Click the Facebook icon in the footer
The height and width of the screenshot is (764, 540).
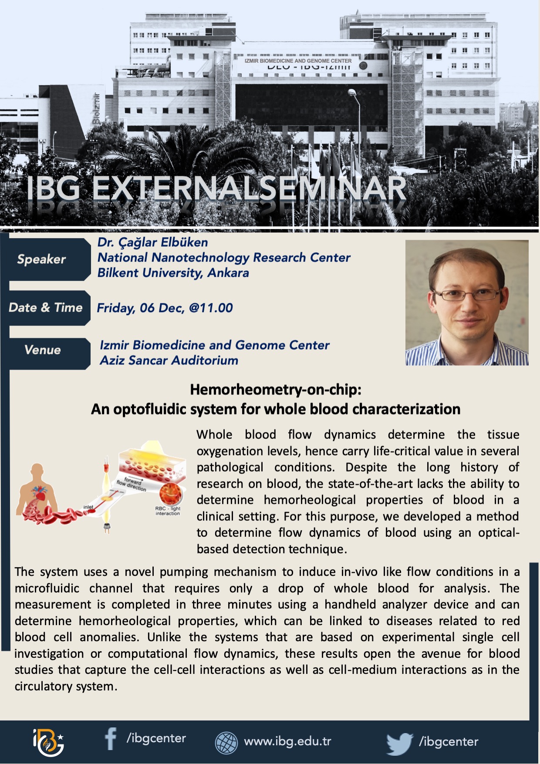click(x=111, y=739)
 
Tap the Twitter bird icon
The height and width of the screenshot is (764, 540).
click(x=400, y=743)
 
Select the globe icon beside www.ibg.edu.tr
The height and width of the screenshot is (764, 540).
click(x=226, y=742)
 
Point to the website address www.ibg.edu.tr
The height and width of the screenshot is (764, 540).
click(x=287, y=741)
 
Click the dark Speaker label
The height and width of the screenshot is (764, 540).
click(x=41, y=259)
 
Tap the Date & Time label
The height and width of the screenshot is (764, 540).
click(x=46, y=308)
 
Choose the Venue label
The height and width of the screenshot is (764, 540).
click(x=43, y=350)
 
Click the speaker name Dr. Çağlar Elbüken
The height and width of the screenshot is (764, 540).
click(x=153, y=242)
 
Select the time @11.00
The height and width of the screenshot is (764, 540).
click(x=211, y=308)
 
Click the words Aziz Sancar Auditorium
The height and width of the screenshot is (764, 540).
click(x=169, y=360)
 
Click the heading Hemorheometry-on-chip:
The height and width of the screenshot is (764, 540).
click(x=276, y=389)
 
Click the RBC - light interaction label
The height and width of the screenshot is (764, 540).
click(x=168, y=511)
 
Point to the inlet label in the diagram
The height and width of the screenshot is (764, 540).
click(x=88, y=507)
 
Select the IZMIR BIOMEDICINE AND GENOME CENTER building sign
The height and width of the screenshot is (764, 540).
click(x=298, y=61)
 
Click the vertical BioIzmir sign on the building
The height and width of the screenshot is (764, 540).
click(x=96, y=109)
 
